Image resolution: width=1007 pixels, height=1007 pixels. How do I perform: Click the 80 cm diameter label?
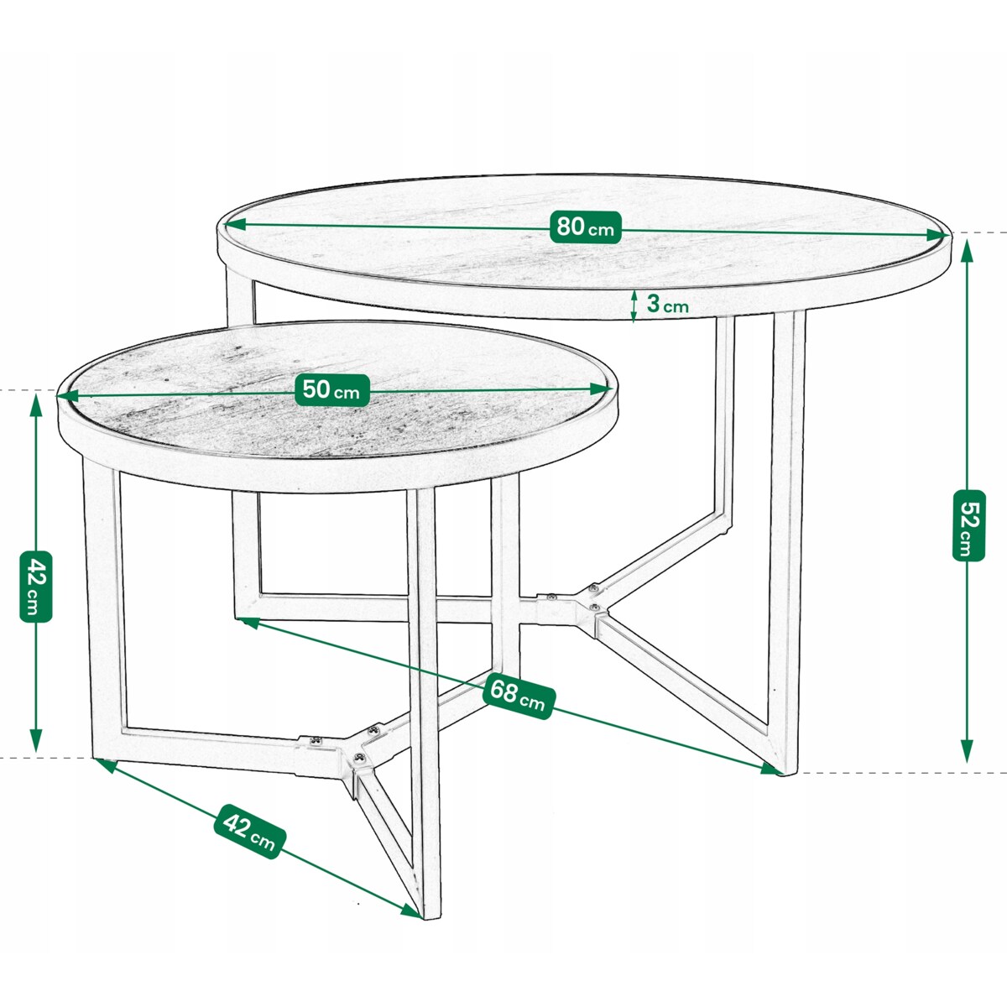pos(585,227)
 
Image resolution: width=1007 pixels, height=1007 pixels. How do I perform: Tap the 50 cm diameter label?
pos(331,390)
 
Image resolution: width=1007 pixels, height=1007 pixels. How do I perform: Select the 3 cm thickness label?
pos(668,304)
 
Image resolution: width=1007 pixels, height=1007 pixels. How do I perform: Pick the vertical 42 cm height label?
pos(35,587)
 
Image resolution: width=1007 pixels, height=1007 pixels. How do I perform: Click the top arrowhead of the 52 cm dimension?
pos(968,250)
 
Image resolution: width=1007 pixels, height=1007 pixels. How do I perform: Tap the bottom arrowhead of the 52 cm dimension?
pos(968,751)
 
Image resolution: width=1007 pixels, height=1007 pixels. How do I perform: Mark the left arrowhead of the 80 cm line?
pos(235,225)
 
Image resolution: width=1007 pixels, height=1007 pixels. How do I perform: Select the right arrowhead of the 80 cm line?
pos(937,235)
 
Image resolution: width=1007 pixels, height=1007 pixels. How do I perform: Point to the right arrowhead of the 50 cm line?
pos(602,389)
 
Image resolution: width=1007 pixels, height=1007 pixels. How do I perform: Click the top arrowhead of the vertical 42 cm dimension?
pos(35,405)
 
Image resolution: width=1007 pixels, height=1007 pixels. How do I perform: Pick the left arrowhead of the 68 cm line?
pos(250,622)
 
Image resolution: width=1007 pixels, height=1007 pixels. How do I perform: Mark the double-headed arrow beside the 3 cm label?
pos(634,305)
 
